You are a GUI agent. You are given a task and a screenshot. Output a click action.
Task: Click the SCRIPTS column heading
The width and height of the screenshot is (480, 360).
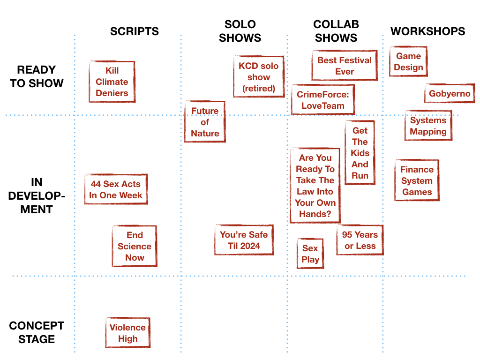(135, 31)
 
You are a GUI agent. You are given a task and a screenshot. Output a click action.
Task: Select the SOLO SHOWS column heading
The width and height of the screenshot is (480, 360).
(240, 31)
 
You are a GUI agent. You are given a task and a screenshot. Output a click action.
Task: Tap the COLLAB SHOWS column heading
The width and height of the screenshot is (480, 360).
(336, 31)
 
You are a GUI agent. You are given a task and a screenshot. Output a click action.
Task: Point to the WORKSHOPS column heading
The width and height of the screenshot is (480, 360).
(427, 31)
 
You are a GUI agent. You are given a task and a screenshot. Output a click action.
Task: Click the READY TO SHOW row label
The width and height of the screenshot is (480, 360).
(37, 76)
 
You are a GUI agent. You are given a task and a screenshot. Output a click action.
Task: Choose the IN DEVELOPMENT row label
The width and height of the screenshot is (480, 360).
(37, 196)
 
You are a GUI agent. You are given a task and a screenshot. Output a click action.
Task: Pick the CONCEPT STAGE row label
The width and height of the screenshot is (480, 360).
(37, 332)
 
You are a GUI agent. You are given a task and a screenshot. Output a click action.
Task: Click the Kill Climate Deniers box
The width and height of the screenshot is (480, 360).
(112, 82)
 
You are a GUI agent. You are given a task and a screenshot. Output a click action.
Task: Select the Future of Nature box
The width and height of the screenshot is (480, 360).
(205, 122)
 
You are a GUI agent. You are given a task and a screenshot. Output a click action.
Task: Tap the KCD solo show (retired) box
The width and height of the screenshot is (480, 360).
(259, 77)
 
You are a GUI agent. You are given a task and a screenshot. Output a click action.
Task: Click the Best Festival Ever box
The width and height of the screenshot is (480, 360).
(345, 66)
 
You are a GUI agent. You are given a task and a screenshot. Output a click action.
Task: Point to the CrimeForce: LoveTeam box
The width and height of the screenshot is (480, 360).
(323, 100)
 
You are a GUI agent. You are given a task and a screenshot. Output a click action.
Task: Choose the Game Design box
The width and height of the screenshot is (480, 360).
(408, 61)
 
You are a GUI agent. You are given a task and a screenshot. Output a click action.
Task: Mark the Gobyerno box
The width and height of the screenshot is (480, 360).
(450, 93)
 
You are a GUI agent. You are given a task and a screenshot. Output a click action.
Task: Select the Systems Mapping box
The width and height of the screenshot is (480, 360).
(428, 126)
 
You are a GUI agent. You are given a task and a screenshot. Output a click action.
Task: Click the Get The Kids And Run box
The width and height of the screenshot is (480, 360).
(360, 153)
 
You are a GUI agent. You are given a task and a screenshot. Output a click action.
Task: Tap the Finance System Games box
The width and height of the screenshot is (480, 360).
(417, 180)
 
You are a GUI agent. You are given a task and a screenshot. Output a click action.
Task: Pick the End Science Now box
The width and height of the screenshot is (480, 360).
(135, 246)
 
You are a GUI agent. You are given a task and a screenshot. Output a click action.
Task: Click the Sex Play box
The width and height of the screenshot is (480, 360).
(310, 254)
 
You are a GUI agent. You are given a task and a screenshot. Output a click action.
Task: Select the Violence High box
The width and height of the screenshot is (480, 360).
(128, 333)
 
